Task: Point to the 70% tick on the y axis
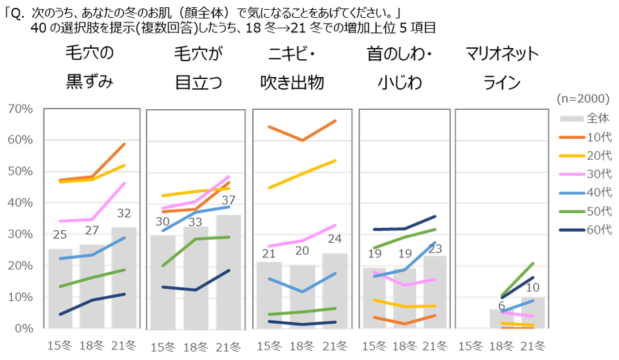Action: coord(20,109)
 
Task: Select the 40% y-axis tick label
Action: coord(20,203)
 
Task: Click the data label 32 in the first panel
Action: coord(124,213)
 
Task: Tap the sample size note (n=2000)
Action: coord(583,99)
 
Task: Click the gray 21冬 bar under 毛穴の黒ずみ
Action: coord(124,277)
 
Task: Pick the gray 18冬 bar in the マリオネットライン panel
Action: coord(502,319)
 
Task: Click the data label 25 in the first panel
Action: coord(60,235)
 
